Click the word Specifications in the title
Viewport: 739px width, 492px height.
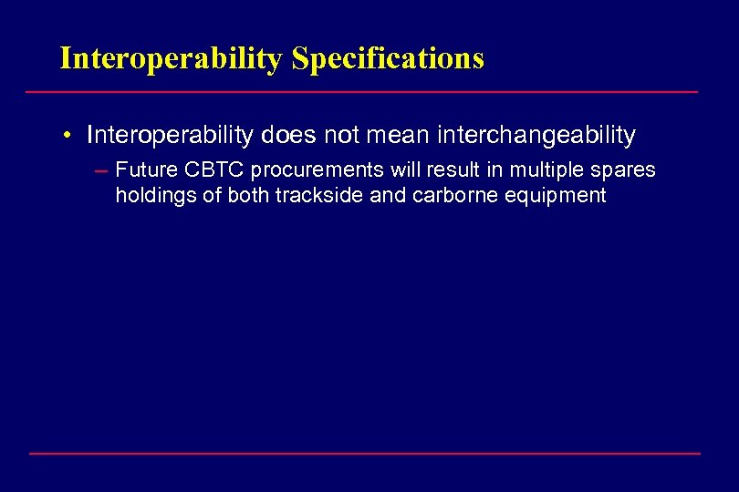tap(388, 59)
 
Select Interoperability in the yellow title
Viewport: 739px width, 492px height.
tap(172, 59)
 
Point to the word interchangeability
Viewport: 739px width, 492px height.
tap(536, 136)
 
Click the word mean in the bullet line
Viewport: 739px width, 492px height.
tap(402, 136)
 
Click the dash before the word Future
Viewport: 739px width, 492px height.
tap(99, 170)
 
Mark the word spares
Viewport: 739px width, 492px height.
tap(626, 170)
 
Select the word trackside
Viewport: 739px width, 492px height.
tap(297, 195)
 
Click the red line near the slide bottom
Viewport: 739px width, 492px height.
tap(365, 453)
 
